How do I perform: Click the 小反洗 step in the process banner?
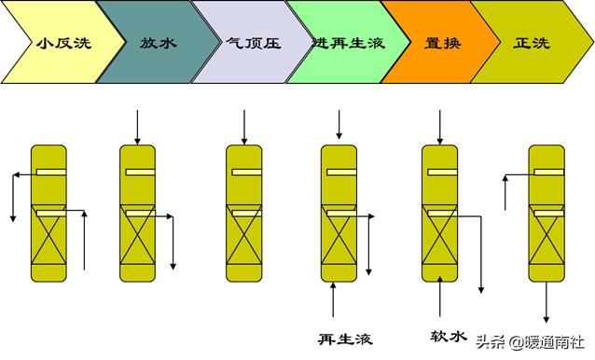tap(56, 43)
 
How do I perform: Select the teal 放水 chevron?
tap(155, 43)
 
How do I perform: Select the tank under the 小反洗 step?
tap(48, 214)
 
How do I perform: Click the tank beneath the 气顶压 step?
tap(244, 214)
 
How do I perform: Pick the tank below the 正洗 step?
tap(547, 214)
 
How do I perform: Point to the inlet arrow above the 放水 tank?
tap(137, 126)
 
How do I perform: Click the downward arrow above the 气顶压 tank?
tap(244, 126)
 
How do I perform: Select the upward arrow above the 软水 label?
tap(439, 299)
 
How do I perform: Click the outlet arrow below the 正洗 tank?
tap(547, 303)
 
